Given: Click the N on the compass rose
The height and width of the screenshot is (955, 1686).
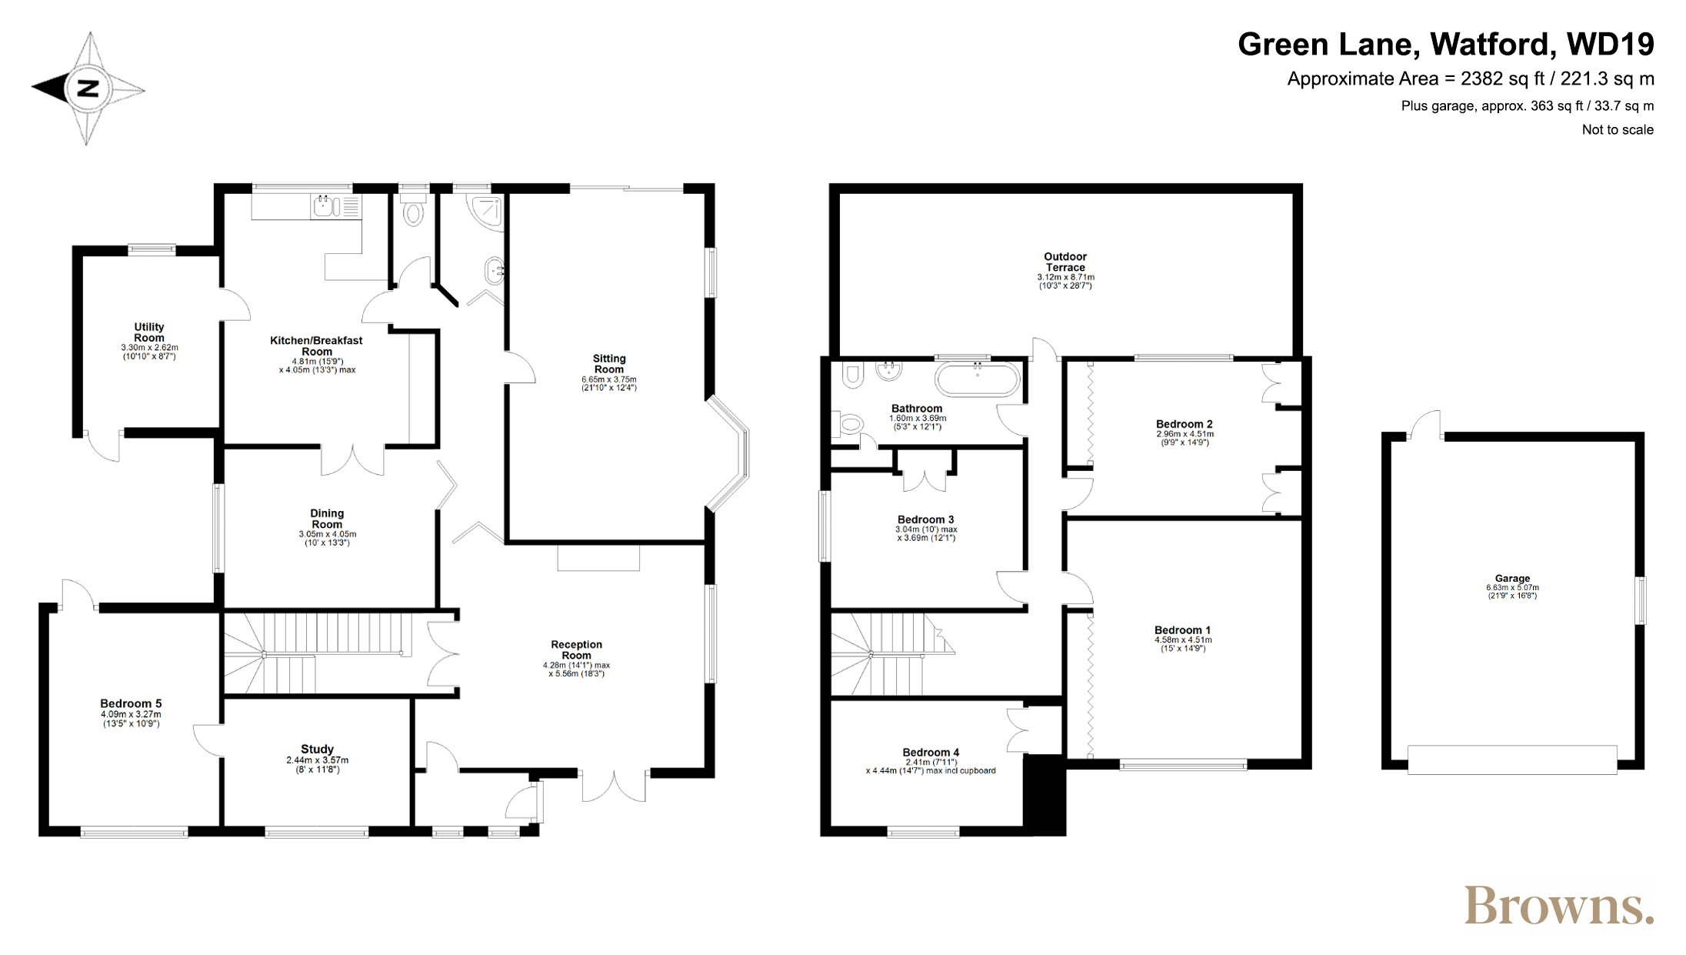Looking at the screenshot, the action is point(88,88).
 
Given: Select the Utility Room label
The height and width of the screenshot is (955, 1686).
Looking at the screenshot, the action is point(149,332).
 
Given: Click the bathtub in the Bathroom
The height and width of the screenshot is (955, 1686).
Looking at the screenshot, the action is point(977,379).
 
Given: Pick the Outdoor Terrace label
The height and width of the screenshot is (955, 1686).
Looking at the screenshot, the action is point(1065,262).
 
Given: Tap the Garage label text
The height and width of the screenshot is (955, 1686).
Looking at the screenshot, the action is point(1512,578).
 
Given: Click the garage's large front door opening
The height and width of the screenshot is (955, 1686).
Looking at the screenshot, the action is point(1512,760).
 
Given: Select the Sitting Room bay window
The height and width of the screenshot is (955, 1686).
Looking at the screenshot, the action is point(728,454).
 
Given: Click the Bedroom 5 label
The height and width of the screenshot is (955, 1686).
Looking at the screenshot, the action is point(131,703).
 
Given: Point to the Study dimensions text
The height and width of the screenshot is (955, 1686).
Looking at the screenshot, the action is point(318,765).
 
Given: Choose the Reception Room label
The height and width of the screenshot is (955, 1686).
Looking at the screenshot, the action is point(576,650).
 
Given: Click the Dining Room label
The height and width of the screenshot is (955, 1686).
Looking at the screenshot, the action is point(327,519).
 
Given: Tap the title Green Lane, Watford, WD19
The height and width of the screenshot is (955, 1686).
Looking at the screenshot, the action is point(1446,45).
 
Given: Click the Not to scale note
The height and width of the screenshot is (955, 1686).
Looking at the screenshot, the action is point(1618,129).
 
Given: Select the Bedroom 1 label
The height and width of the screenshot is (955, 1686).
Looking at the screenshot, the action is point(1183,629).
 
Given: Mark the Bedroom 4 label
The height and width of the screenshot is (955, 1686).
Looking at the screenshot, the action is point(931,752).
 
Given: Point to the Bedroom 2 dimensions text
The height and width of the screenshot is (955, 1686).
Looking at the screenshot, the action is point(1185,439).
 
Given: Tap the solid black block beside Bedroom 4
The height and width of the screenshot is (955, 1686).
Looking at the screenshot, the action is point(1045,794).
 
